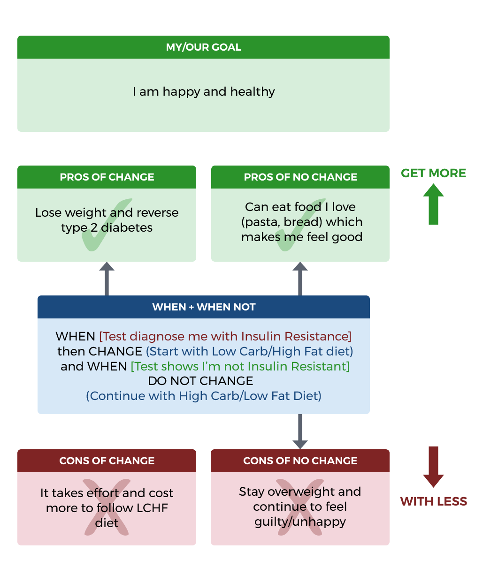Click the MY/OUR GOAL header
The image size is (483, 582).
pos(203,47)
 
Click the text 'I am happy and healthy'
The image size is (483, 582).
pos(203,91)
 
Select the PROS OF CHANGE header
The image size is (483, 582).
pos(107,177)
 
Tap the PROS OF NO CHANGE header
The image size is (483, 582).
pos(300,177)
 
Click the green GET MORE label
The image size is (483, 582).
pos(433,173)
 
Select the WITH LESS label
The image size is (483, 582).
pos(433,501)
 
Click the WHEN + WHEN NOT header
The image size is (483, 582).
pos(203,307)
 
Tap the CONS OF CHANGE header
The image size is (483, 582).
pos(107,461)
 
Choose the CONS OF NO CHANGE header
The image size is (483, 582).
pos(300,461)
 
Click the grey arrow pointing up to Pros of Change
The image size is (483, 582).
pos(107,279)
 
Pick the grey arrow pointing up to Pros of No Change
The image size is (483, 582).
pos(300,279)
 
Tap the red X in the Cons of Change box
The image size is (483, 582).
pos(107,507)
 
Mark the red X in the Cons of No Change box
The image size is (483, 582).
pos(300,507)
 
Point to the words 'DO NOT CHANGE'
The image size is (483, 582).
pos(200,381)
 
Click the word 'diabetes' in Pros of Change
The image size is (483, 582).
pos(127,228)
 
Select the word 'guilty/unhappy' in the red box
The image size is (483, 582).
pos(300,522)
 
